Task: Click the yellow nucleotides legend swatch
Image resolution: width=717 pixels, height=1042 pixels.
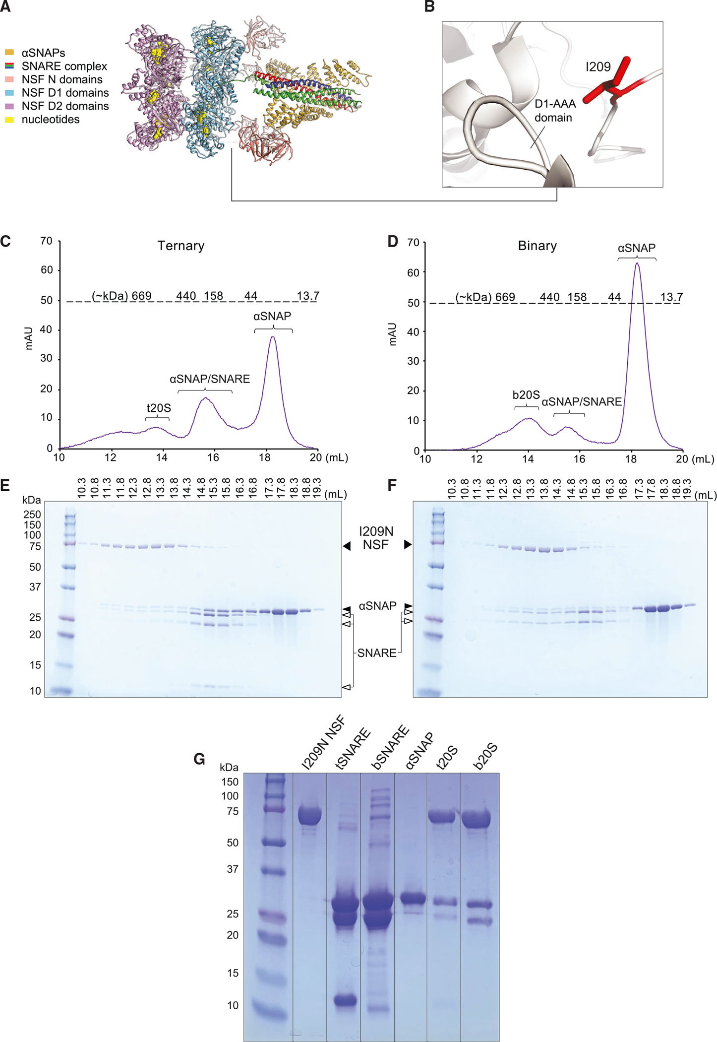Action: coord(9,120)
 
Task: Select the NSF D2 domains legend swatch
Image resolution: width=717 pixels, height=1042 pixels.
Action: coord(9,106)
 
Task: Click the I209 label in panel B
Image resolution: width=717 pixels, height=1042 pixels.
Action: coord(598,67)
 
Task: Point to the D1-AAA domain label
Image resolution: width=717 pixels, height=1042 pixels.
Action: coord(555,111)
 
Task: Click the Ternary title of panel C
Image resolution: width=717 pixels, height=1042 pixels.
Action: coord(181,246)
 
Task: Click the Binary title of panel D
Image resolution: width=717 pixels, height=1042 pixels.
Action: coord(537,246)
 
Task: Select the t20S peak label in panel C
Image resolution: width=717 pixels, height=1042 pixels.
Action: coord(159,408)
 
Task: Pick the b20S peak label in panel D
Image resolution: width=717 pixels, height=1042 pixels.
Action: coord(526,395)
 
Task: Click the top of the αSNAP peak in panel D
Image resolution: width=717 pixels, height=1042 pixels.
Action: coord(637,263)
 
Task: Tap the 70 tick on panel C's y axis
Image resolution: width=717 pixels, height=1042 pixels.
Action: coord(47,241)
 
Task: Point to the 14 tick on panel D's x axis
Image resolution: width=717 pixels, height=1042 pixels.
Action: coord(528,459)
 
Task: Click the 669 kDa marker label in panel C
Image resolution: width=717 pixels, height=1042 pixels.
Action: coord(141,296)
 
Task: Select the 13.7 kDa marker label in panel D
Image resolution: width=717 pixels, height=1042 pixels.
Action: coord(671,297)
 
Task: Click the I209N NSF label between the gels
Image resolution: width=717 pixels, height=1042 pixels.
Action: coord(376,538)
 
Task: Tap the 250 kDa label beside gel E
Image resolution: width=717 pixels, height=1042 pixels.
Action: coord(32,515)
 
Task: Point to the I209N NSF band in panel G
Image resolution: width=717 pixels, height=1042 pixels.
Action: coord(310,816)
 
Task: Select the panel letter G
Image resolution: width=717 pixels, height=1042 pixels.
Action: coord(199,759)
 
